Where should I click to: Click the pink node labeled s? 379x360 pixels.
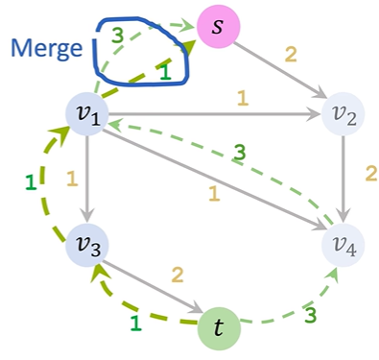(220, 26)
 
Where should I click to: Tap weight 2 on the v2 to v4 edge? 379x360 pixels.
(366, 175)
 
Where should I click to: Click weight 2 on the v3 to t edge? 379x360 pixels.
(177, 276)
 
